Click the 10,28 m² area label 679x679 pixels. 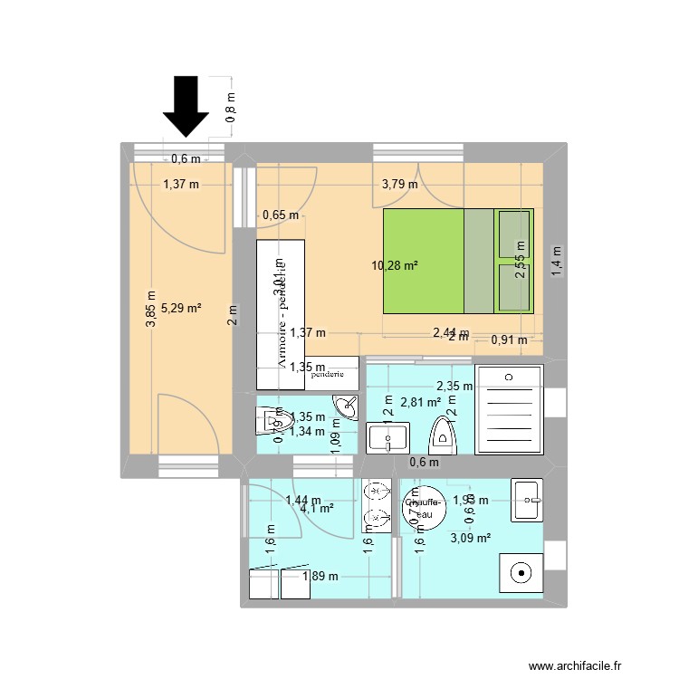tap(395, 265)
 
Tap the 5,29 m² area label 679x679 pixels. tap(181, 308)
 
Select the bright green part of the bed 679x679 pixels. tap(424, 261)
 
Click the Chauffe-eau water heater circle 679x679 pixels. tap(423, 509)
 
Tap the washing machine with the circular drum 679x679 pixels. tap(520, 572)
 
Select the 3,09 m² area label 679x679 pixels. tap(471, 538)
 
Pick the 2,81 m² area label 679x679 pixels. tap(420, 402)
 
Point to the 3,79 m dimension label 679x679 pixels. tap(399, 184)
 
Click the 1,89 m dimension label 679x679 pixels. tap(320, 576)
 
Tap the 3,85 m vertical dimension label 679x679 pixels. tap(149, 308)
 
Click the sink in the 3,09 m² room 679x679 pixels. tap(526, 500)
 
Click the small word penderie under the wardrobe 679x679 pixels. tap(327, 372)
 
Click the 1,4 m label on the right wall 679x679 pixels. tap(558, 261)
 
